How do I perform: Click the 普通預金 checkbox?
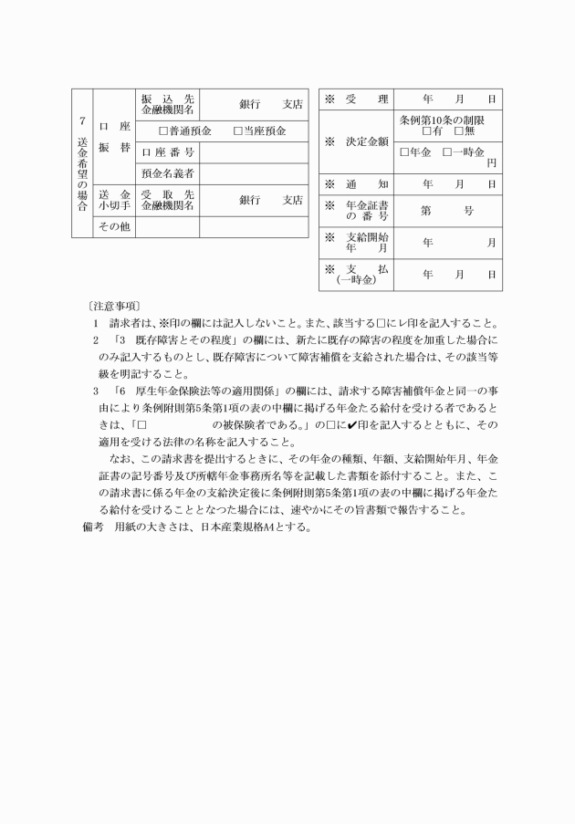163,131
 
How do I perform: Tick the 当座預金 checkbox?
238,131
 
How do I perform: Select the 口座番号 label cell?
168,152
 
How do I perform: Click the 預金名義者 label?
168,173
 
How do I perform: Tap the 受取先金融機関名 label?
168,200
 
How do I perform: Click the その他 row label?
114,226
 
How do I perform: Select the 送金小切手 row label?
114,200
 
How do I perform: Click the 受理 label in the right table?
355,99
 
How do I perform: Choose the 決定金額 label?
355,141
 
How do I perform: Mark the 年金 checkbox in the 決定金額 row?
405,151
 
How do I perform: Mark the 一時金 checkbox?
447,151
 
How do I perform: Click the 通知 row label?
355,184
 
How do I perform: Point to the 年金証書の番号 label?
361,211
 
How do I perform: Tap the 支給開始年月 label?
361,242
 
